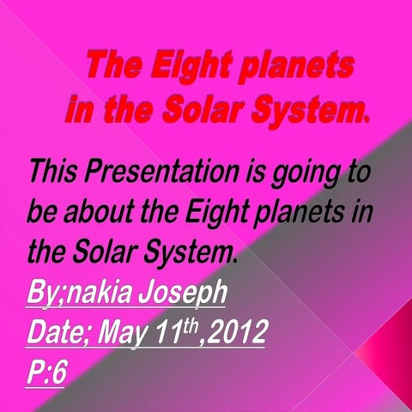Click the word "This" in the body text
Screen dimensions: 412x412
54,171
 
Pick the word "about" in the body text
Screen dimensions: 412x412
101,211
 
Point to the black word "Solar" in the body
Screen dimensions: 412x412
106,252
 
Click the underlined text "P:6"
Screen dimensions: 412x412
47,373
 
